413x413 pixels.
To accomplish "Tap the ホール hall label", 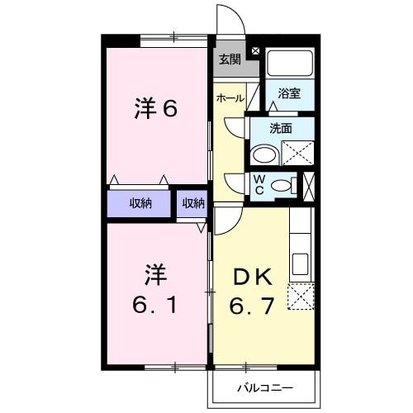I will click(x=230, y=98).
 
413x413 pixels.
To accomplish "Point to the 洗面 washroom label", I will click(x=281, y=128).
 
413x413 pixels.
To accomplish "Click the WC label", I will click(x=259, y=184).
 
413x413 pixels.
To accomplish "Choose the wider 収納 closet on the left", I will click(x=139, y=203).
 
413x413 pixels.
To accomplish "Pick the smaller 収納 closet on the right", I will click(x=193, y=203).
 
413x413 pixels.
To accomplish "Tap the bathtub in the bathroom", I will click(x=290, y=62).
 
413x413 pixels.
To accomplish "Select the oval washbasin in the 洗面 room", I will click(x=265, y=154).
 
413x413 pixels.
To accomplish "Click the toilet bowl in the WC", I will click(x=282, y=185).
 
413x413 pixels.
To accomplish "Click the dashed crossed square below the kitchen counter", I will click(x=301, y=296).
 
